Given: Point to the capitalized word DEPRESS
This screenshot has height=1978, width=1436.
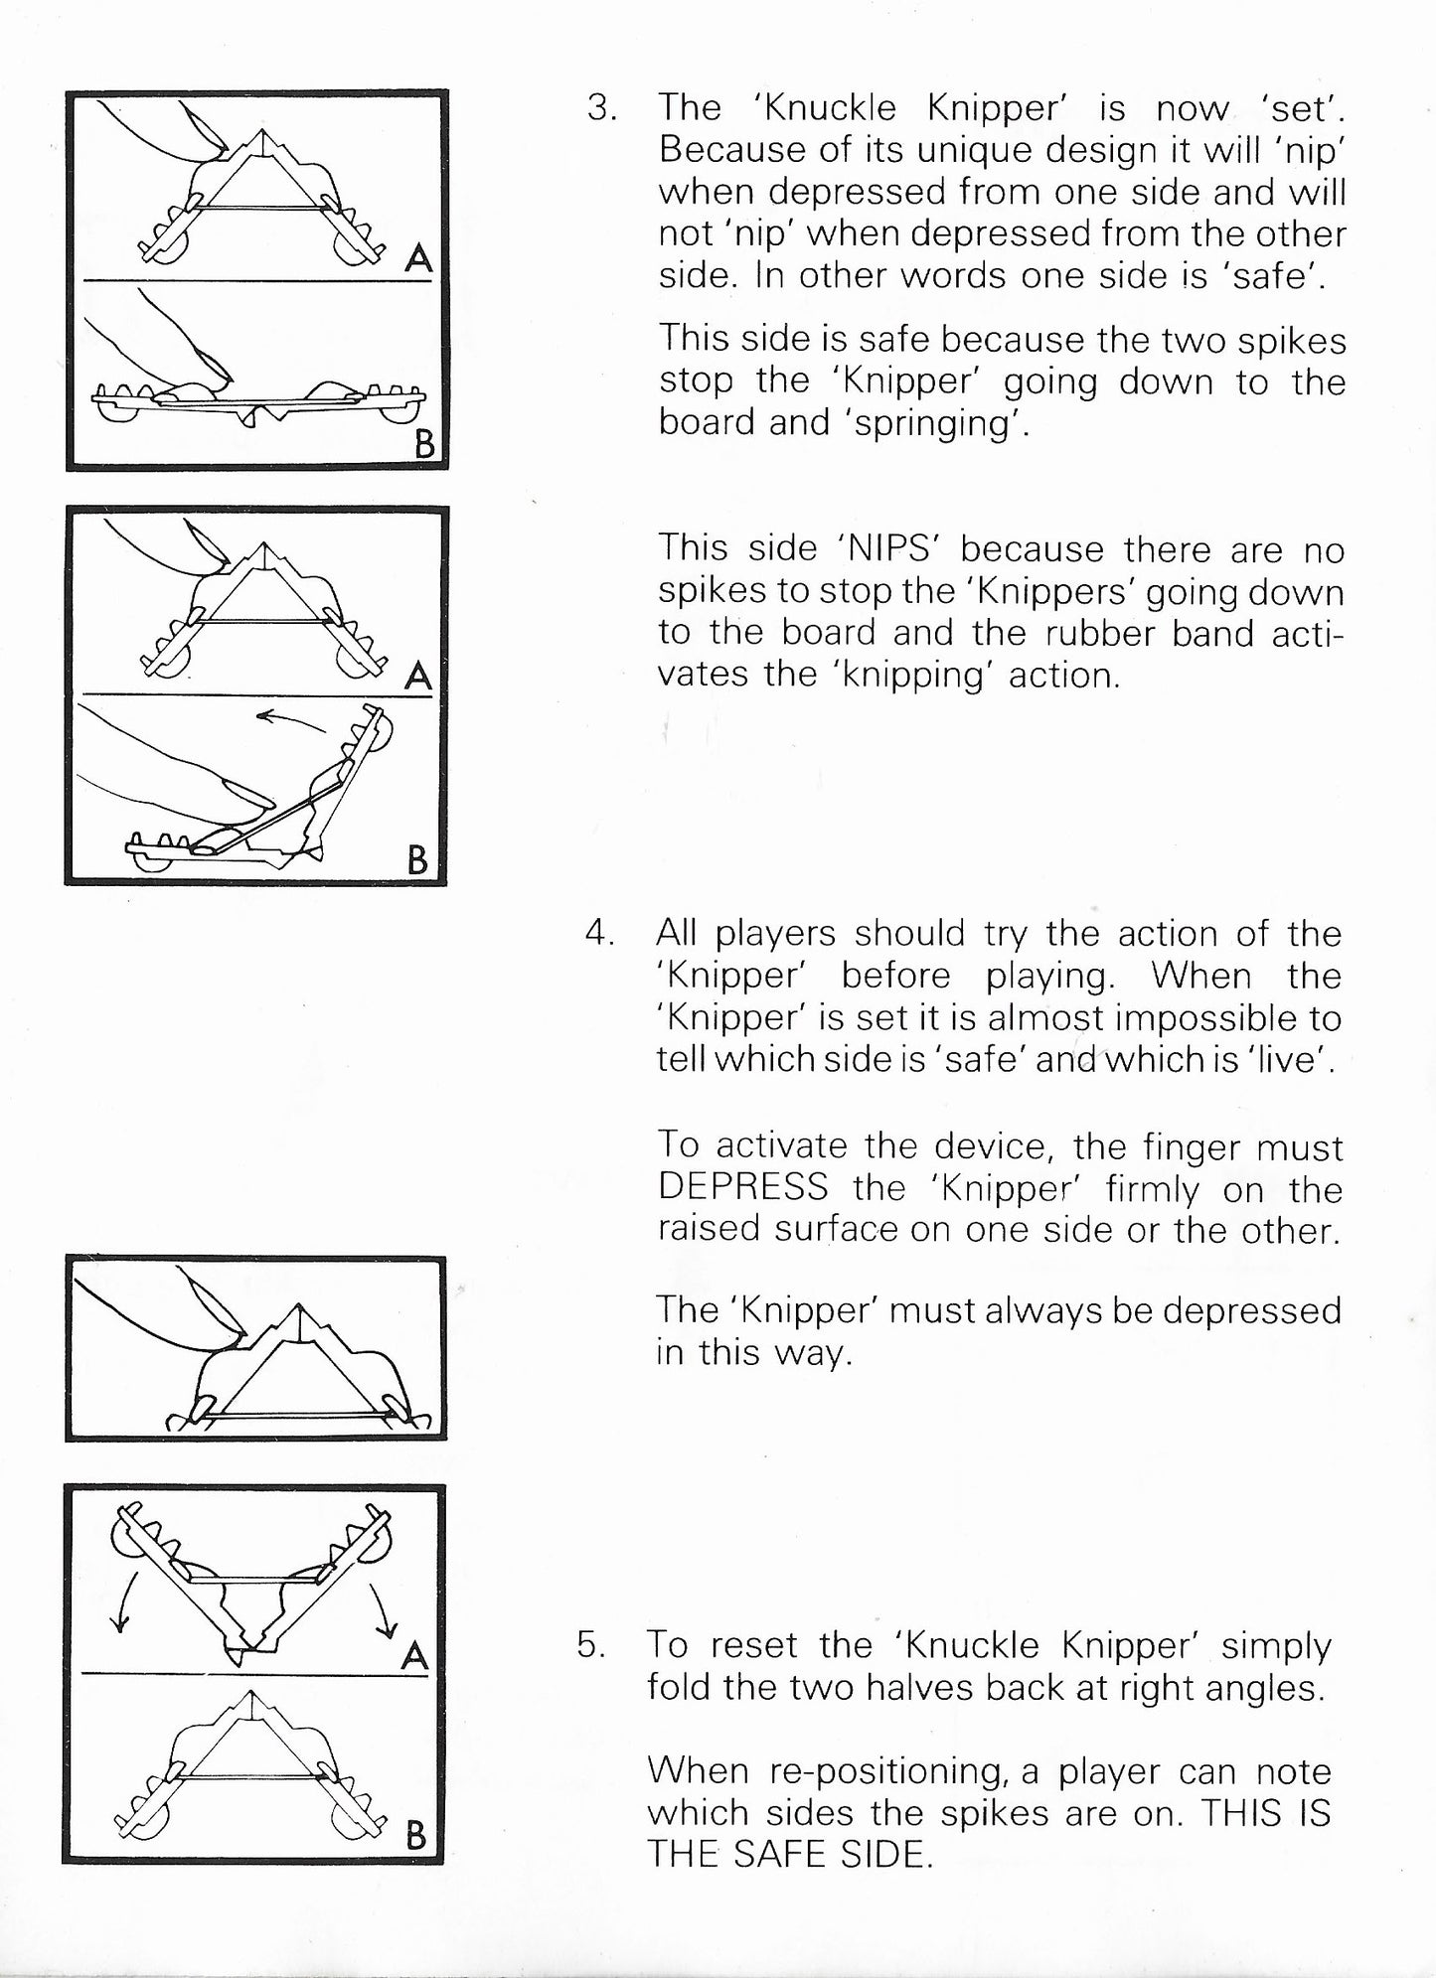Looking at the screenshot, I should (742, 1187).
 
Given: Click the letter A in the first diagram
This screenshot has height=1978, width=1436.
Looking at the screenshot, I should (418, 259).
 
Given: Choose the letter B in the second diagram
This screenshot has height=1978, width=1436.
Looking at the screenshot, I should (417, 859).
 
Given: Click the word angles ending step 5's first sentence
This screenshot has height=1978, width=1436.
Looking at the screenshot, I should (1269, 1688).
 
